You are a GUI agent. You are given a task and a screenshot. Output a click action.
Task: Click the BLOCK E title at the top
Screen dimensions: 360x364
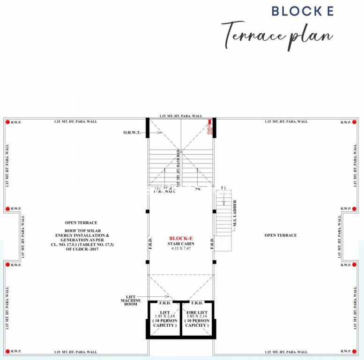(303, 11)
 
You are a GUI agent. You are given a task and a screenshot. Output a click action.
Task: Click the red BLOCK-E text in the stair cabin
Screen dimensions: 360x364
(181, 238)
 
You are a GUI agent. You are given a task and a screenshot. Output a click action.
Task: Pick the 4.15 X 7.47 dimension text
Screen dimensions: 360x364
(181, 248)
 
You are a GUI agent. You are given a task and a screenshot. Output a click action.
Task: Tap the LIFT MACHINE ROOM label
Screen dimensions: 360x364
(130, 300)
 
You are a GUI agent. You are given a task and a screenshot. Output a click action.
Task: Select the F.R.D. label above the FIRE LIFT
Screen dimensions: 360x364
(197, 303)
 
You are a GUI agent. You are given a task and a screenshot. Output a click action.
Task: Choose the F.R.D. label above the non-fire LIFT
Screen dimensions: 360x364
(164, 303)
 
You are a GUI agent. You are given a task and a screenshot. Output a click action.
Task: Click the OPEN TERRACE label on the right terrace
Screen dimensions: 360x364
(280, 235)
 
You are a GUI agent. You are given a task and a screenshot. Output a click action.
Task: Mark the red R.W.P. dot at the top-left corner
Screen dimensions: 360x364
(7, 122)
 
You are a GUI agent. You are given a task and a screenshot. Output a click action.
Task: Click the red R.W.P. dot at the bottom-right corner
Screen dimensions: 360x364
(356, 351)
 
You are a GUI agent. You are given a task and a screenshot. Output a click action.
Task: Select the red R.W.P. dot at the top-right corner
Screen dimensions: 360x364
(356, 122)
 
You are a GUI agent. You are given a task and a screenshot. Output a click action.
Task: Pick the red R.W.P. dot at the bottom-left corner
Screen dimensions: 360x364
(7, 351)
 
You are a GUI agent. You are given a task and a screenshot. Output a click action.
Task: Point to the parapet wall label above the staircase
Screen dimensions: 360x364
(181, 116)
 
